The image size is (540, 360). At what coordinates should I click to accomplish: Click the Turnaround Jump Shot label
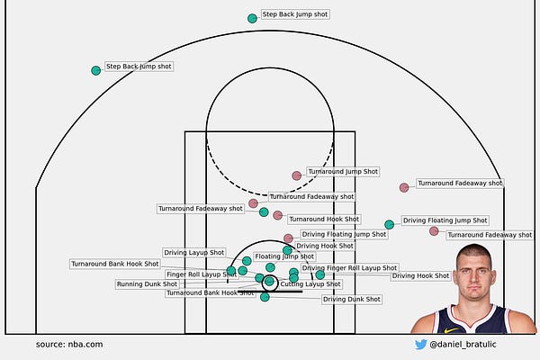pos(343,171)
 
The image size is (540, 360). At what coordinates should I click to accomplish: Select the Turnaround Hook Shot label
pos(323,219)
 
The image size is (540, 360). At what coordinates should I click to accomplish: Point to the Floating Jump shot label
pos(284,256)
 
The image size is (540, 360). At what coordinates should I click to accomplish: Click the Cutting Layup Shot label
pos(310,283)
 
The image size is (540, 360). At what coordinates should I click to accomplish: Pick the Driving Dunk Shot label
pos(351,299)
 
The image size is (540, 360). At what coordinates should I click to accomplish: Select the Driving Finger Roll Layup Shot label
pos(349,268)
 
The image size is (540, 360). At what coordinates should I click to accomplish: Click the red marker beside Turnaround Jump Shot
pos(297,175)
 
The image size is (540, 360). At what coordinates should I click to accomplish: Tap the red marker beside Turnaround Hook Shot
pos(278,215)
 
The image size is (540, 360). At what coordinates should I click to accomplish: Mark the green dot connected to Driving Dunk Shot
pos(265,297)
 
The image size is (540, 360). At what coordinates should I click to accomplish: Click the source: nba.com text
pos(69,345)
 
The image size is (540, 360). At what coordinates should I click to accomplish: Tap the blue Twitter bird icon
pos(420,344)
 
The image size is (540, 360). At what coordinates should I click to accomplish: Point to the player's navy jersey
pos(472,322)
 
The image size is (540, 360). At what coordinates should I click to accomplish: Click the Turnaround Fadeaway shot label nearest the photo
pos(490,235)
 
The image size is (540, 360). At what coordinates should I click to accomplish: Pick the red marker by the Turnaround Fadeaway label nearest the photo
pos(434,231)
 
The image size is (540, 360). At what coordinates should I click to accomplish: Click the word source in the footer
pos(50,345)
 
